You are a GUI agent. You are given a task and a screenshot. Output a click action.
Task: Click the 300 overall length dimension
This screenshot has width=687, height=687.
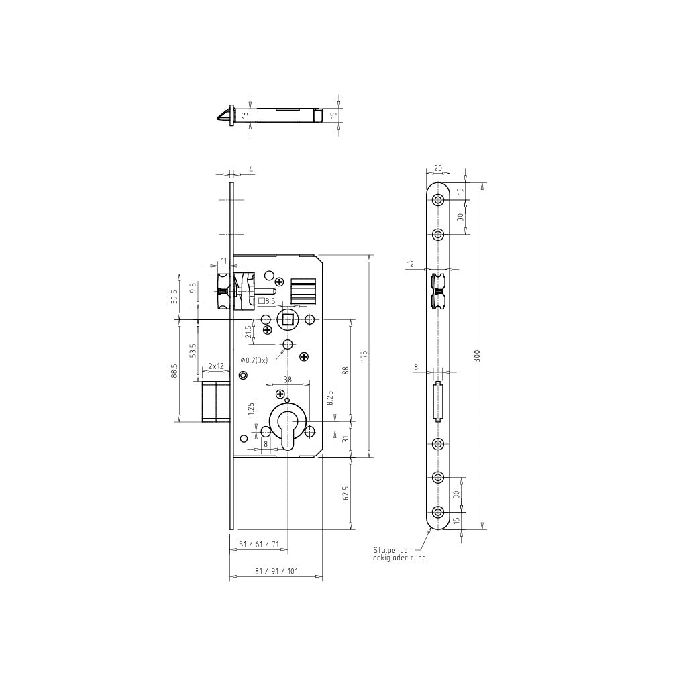pyautogui.click(x=477, y=355)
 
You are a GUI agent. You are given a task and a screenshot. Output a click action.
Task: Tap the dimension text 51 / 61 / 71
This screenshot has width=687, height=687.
pyautogui.click(x=258, y=545)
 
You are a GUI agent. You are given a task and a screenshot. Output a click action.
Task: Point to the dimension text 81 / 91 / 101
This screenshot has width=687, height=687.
pyautogui.click(x=277, y=572)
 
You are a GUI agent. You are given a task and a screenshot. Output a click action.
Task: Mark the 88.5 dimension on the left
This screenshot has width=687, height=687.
pyautogui.click(x=174, y=370)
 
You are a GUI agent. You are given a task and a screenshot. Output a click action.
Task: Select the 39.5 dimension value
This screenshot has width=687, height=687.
pyautogui.click(x=174, y=296)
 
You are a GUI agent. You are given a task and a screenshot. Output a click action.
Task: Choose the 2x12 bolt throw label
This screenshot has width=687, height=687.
pyautogui.click(x=216, y=366)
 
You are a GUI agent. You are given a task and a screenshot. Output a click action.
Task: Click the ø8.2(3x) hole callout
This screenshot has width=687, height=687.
pyautogui.click(x=254, y=360)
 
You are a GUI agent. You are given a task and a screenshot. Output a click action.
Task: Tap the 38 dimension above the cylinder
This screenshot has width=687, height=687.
pyautogui.click(x=288, y=379)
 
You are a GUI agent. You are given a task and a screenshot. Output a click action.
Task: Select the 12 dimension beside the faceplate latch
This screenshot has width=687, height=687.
pyautogui.click(x=410, y=265)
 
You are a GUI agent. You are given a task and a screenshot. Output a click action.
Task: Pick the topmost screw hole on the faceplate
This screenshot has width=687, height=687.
pyautogui.click(x=438, y=200)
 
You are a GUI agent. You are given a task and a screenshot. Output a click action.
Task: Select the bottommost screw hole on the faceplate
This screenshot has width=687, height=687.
pyautogui.click(x=438, y=513)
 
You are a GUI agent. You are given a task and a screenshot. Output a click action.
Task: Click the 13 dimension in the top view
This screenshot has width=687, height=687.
pyautogui.click(x=245, y=115)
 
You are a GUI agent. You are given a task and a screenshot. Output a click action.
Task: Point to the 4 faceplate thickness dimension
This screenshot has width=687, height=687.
pyautogui.click(x=250, y=170)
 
